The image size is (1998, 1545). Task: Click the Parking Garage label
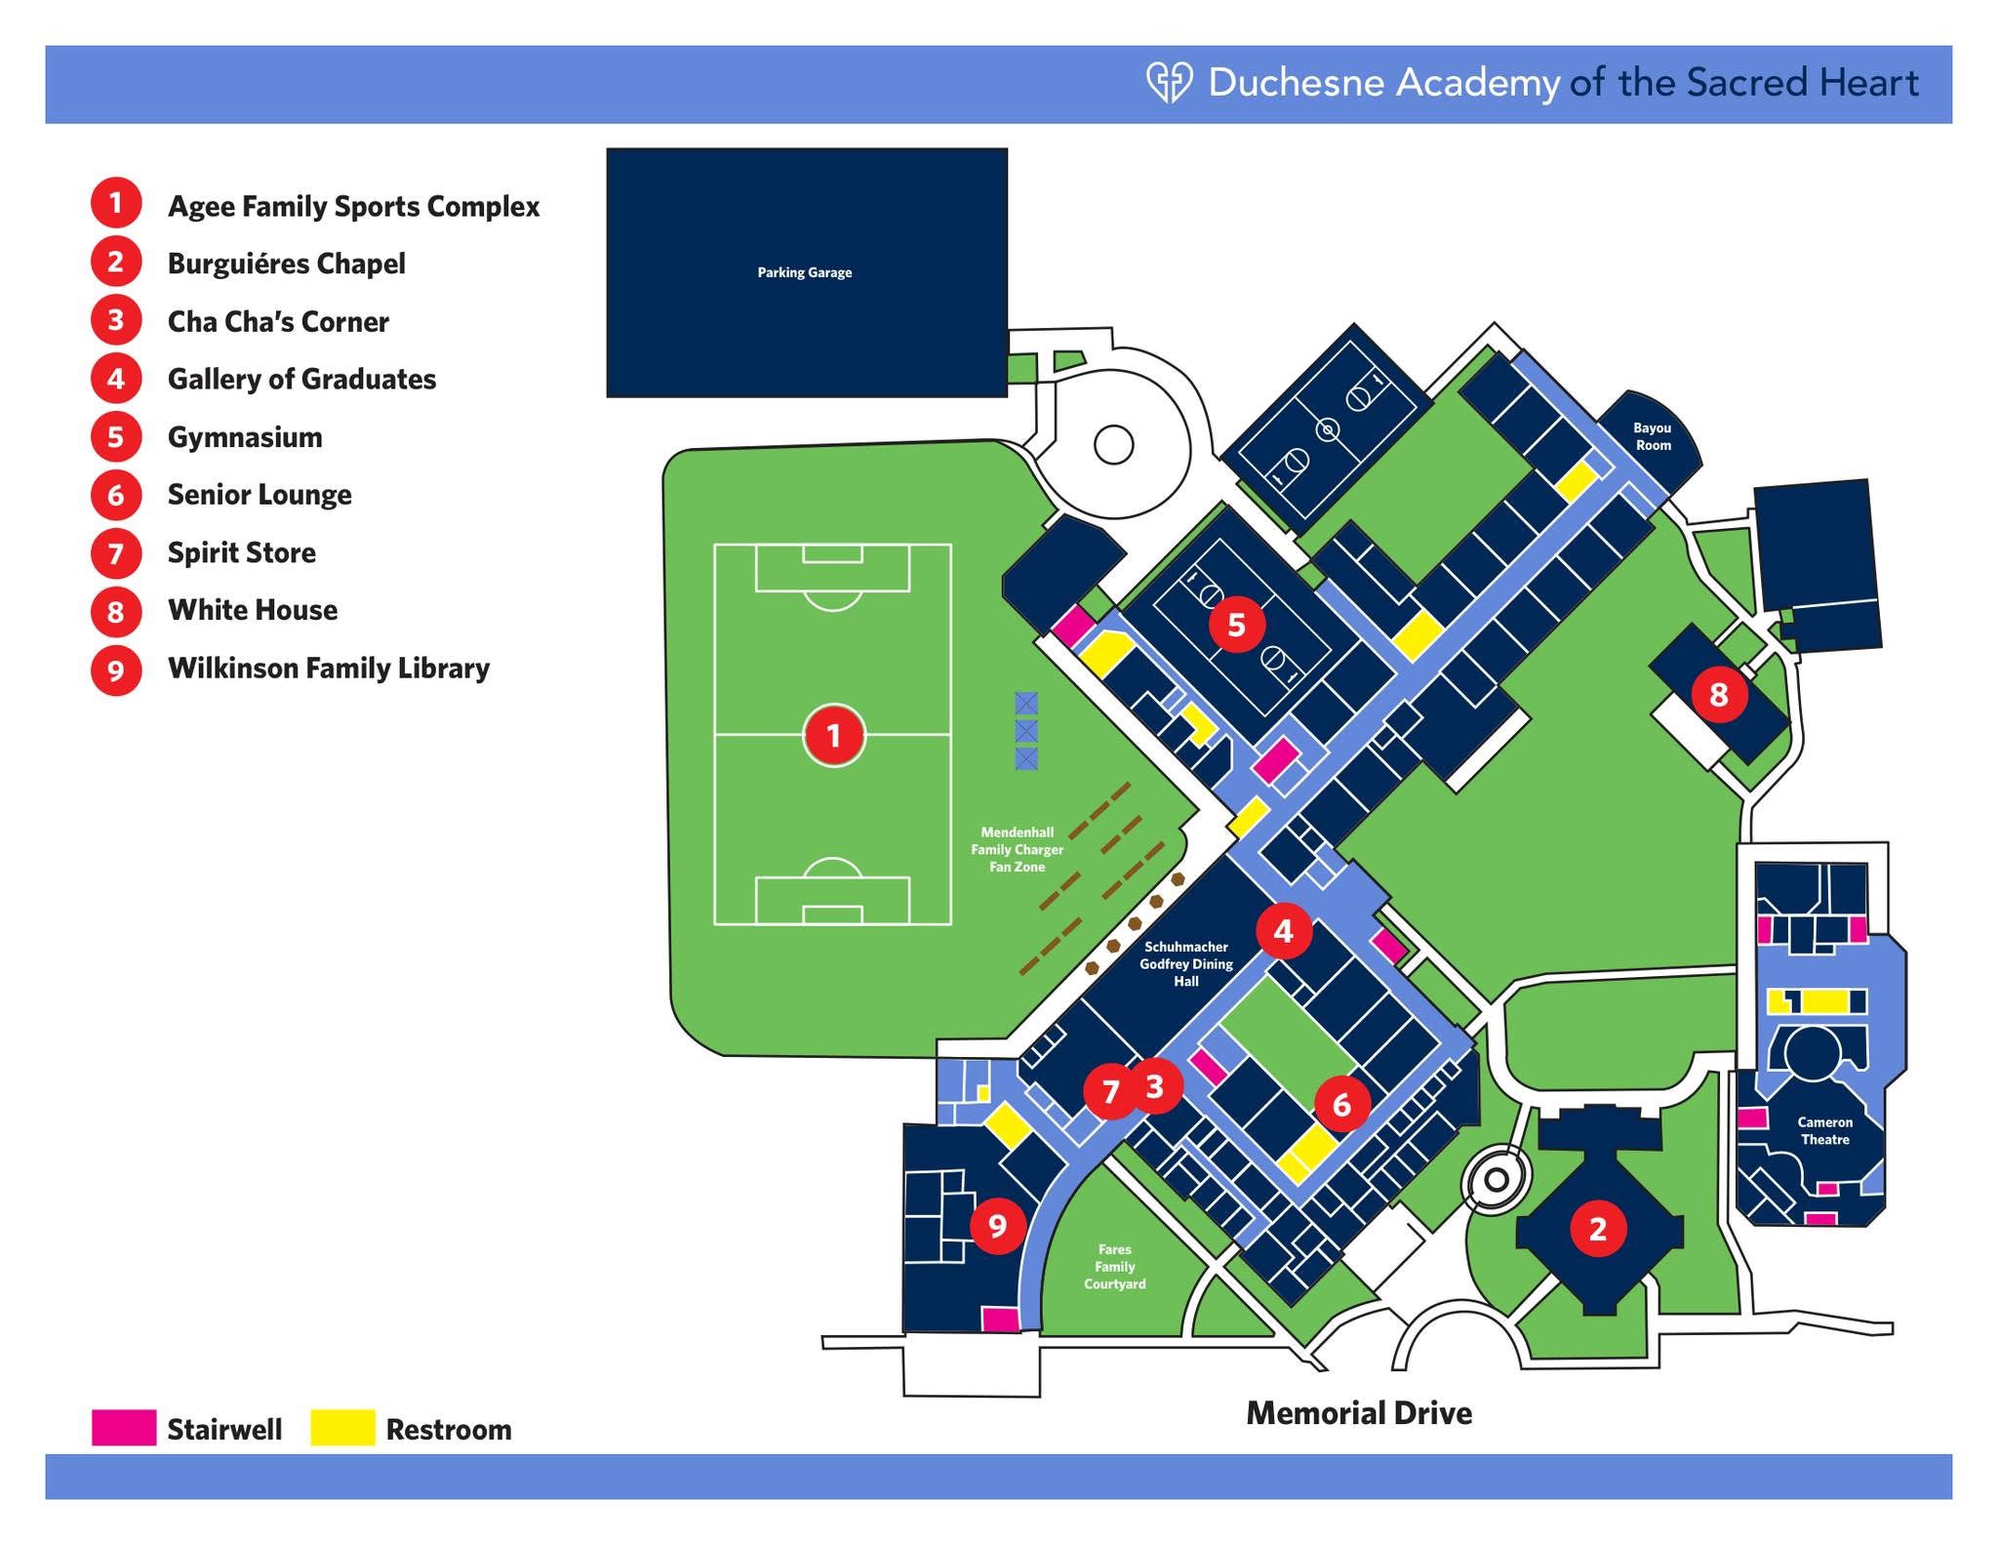pyautogui.click(x=805, y=272)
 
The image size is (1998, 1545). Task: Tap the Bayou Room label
pyautogui.click(x=1653, y=436)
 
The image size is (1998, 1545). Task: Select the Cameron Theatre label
pyautogui.click(x=1824, y=1130)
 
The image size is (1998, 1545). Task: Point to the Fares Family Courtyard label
pyautogui.click(x=1114, y=1266)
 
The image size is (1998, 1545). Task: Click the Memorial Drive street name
pyautogui.click(x=1359, y=1412)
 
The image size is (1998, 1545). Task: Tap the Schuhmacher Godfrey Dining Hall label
pyautogui.click(x=1186, y=963)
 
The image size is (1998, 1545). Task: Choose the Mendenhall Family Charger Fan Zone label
pyautogui.click(x=1017, y=849)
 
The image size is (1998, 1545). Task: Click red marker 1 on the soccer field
pyautogui.click(x=833, y=735)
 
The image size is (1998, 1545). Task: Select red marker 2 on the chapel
pyautogui.click(x=1597, y=1228)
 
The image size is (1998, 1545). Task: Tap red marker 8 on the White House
pyautogui.click(x=1718, y=694)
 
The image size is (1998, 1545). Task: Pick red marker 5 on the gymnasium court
pyautogui.click(x=1236, y=624)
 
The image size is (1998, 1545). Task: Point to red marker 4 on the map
pyautogui.click(x=1283, y=931)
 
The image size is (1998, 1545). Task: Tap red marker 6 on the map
pyautogui.click(x=1341, y=1104)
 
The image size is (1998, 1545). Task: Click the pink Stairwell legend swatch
pyautogui.click(x=124, y=1427)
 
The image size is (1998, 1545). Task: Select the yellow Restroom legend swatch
pyautogui.click(x=342, y=1427)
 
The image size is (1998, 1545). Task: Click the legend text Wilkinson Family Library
pyautogui.click(x=329, y=669)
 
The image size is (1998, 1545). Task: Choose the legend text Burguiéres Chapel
pyautogui.click(x=286, y=264)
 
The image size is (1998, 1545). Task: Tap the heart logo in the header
pyautogui.click(x=1169, y=83)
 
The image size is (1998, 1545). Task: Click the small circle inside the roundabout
pyautogui.click(x=1114, y=445)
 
